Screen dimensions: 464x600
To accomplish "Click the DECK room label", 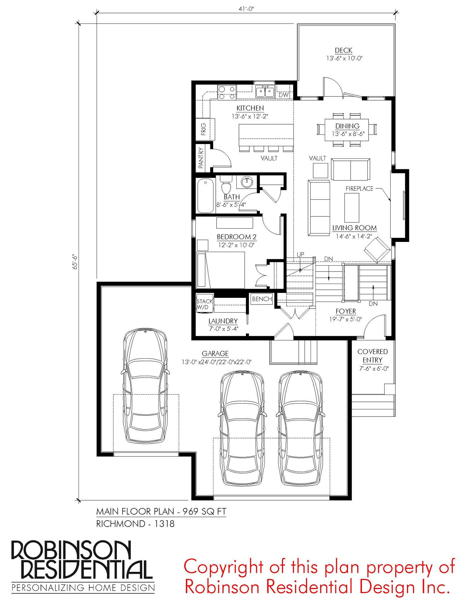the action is (343, 50).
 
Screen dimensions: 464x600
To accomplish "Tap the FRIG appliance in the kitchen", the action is (205, 129).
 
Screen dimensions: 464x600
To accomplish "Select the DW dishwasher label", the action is (283, 95).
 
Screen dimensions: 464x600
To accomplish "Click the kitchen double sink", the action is (265, 92).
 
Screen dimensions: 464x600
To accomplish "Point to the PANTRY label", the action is (201, 158).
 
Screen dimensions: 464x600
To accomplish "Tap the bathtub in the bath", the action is (206, 196).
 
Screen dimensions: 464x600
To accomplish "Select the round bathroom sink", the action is (247, 182).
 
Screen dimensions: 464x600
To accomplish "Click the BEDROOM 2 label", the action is (237, 237).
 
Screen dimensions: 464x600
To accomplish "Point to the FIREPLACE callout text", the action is (359, 189).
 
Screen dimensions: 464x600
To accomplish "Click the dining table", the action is (347, 130).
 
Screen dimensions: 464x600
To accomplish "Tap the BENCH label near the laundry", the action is (262, 299).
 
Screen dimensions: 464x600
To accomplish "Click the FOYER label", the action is (346, 311).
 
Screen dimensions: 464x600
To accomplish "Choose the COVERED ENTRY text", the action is (373, 356).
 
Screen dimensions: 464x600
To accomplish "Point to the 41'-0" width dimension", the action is (246, 9).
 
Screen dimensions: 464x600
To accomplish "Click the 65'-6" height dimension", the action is (75, 262).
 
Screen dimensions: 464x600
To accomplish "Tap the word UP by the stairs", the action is (300, 254).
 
